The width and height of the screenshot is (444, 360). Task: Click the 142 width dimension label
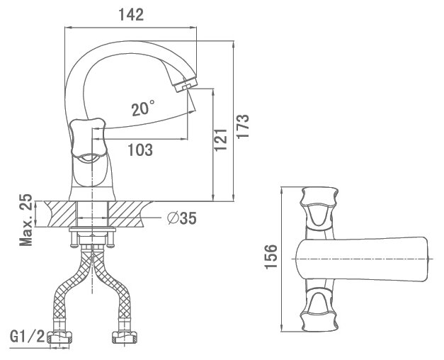click(x=131, y=14)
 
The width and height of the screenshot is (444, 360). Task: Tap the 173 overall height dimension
click(x=243, y=126)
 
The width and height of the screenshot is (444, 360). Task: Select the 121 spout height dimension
click(x=221, y=140)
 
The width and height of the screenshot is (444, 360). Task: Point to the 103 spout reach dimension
click(x=140, y=150)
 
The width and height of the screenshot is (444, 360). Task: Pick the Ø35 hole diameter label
click(x=182, y=218)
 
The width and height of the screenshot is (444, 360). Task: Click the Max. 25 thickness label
click(x=25, y=220)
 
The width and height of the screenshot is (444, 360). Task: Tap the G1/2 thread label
click(x=27, y=337)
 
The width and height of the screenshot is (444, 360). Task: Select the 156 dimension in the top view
click(x=271, y=257)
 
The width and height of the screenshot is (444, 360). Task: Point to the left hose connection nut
click(x=59, y=337)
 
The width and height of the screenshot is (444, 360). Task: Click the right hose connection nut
click(x=125, y=337)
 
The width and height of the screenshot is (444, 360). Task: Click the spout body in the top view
click(x=362, y=259)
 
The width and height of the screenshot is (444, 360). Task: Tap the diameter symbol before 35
click(x=172, y=218)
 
